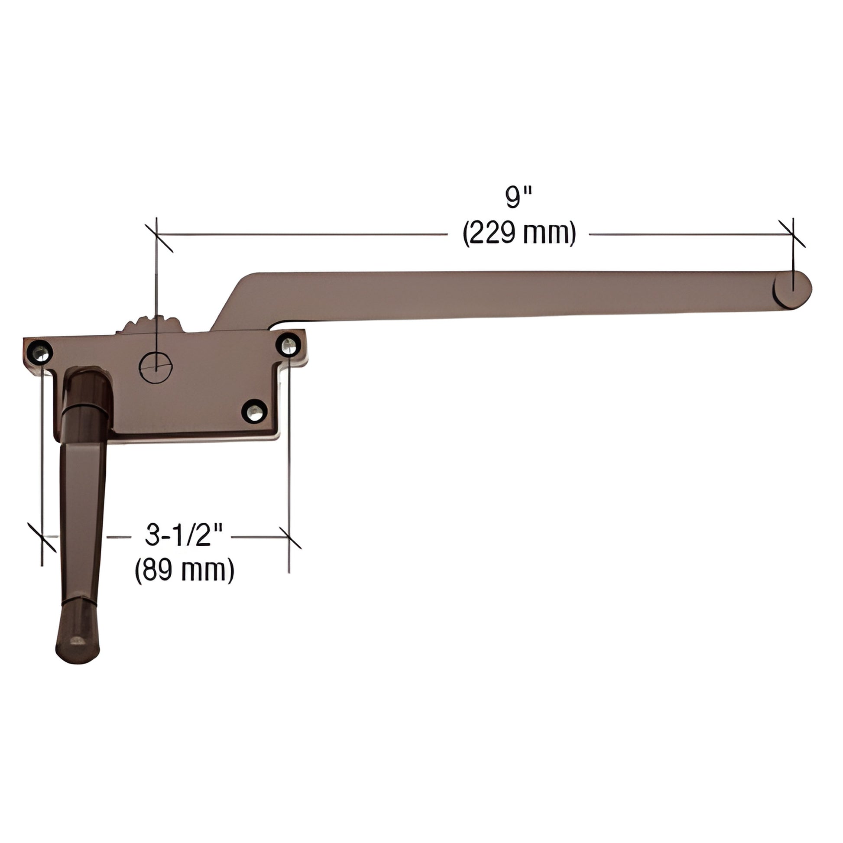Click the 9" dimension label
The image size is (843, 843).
click(518, 198)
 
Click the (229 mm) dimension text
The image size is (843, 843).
click(519, 234)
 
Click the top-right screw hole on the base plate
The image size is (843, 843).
click(288, 346)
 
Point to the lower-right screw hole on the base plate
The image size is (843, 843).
click(253, 411)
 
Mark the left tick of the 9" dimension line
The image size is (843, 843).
click(156, 235)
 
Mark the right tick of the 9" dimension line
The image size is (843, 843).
click(792, 234)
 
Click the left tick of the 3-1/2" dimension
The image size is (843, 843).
click(42, 537)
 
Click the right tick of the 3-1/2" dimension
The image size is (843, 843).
click(289, 537)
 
